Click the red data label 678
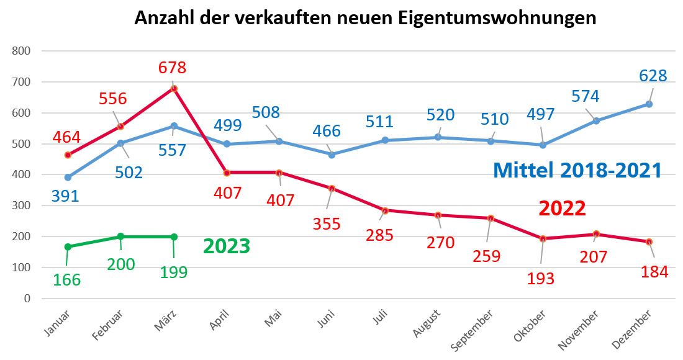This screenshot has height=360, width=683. (173, 67)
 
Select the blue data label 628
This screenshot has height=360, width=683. (653, 76)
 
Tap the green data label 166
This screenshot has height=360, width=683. (67, 280)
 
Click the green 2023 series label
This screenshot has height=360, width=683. (227, 246)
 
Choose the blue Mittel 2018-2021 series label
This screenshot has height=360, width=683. (577, 170)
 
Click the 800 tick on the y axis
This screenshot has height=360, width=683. (21, 51)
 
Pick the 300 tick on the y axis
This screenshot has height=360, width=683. (21, 205)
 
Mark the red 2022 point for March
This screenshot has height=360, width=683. (174, 89)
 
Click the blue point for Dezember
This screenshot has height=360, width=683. (649, 104)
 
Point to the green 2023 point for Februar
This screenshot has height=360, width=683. (120, 236)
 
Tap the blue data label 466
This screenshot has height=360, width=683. (327, 131)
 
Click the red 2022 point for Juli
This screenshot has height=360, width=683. (385, 210)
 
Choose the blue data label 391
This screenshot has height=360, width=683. (65, 197)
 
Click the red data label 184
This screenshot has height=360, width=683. (653, 272)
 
